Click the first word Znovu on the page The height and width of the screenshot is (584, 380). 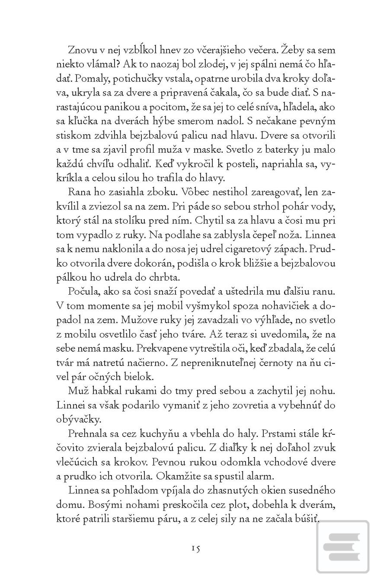pos(82,50)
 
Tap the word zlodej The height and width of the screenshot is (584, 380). pos(216,64)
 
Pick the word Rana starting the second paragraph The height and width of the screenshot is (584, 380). pos(78,192)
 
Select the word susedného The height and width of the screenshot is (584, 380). pos(311,491)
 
